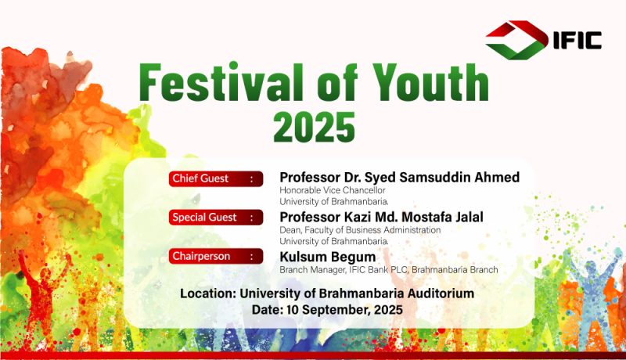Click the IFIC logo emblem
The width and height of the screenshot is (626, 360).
[517, 40]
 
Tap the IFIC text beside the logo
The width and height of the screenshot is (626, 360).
[577, 40]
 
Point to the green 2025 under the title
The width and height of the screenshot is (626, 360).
[315, 127]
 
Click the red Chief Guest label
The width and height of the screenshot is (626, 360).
[216, 178]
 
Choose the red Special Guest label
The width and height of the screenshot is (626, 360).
[216, 218]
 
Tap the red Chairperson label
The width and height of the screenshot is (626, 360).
[216, 256]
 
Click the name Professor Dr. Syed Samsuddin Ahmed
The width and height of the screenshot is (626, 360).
[400, 177]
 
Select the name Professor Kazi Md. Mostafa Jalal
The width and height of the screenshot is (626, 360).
[381, 217]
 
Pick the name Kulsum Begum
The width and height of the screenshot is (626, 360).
[327, 257]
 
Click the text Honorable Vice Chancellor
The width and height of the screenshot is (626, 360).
[332, 190]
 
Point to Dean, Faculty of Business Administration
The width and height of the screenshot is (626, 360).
[360, 230]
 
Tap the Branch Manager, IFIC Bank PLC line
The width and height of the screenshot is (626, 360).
[388, 270]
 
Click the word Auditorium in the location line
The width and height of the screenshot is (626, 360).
[441, 293]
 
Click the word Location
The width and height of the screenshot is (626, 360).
[208, 293]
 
